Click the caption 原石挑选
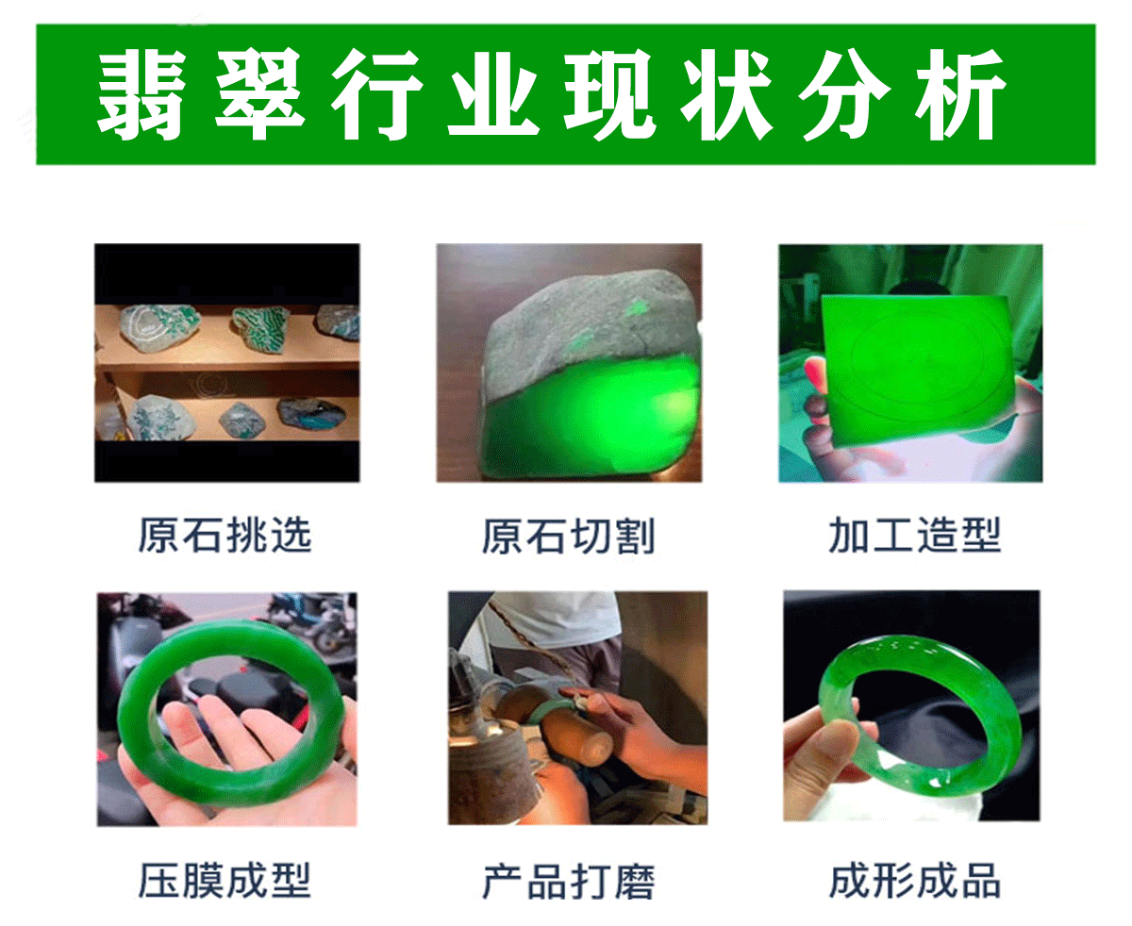click(225, 536)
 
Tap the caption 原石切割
click(568, 536)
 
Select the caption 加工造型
click(913, 536)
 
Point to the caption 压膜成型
click(225, 881)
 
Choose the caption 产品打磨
click(568, 881)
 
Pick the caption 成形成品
click(913, 881)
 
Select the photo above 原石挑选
click(226, 363)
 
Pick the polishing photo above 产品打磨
click(577, 707)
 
